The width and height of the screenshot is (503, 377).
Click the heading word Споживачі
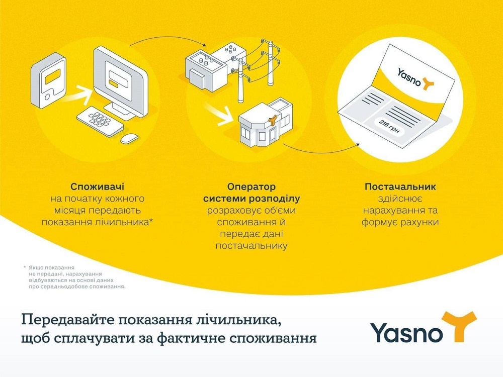coord(97,187)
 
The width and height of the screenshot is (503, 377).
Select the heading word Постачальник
coord(400,187)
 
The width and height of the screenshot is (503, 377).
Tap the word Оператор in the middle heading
coord(251,187)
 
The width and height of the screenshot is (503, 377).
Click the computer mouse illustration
coord(129,138)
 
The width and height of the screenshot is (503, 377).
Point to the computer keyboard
coord(100,121)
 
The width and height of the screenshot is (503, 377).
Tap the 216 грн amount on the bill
coord(389,127)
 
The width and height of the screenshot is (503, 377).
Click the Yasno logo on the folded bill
coord(416,79)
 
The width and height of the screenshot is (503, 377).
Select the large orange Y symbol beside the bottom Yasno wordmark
coord(459,326)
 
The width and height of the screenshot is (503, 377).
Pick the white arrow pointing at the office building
coord(218,114)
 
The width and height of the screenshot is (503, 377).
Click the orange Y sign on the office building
coord(273,120)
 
